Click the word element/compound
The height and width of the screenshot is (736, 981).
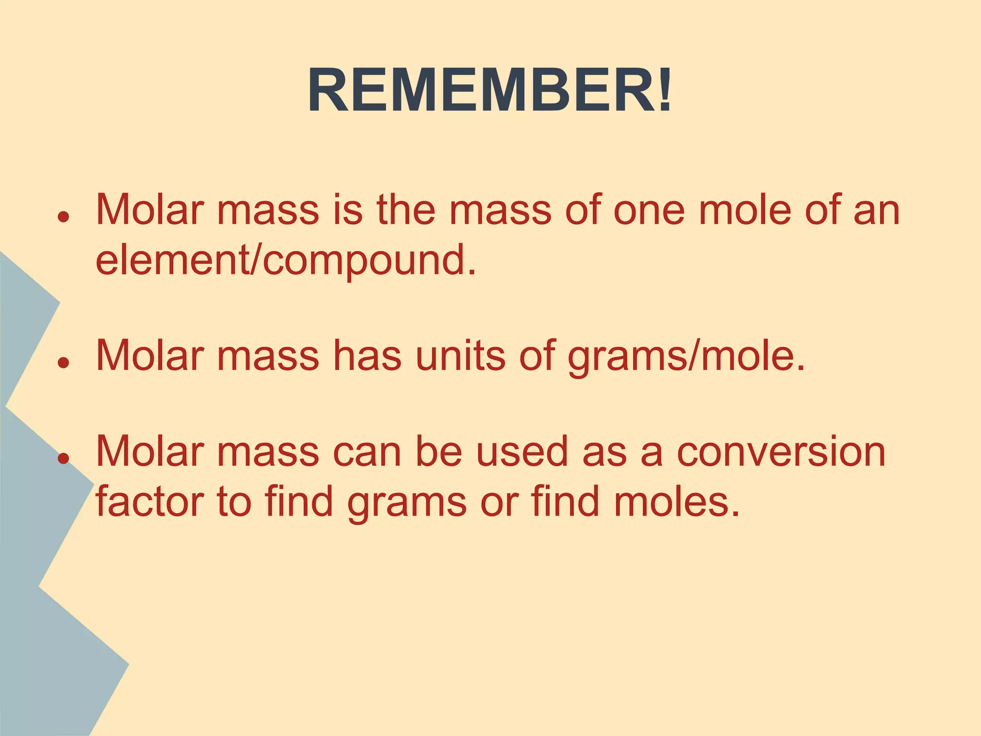[x=286, y=261]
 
